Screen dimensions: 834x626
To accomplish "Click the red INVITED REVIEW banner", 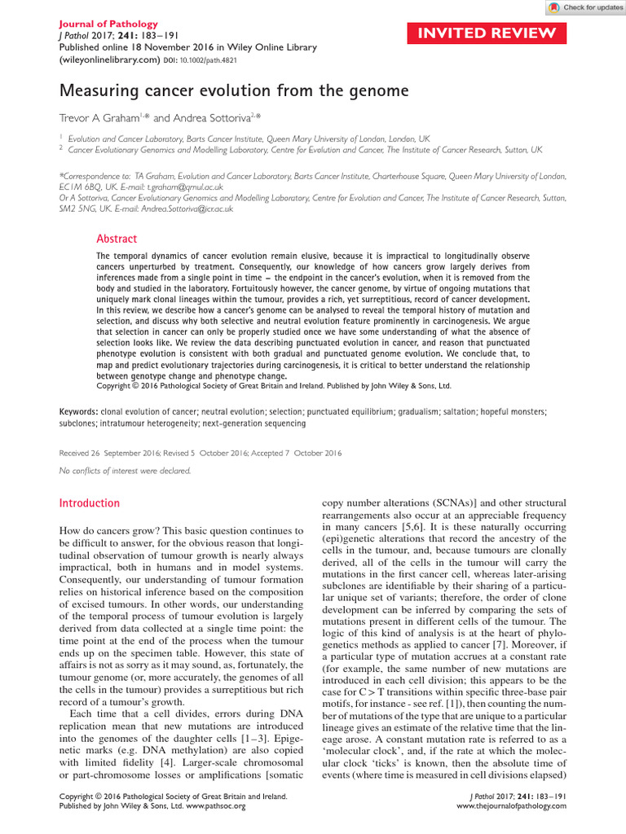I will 487,33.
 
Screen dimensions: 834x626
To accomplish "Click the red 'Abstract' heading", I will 117,239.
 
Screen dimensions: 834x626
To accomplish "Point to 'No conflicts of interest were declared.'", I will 126,471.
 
